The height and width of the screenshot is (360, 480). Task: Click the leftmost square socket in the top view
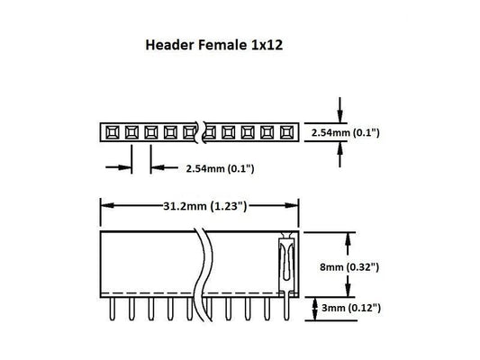[111, 133]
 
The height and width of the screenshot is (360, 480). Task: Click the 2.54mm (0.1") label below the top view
[220, 167]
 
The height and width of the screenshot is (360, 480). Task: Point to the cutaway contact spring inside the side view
[285, 261]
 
